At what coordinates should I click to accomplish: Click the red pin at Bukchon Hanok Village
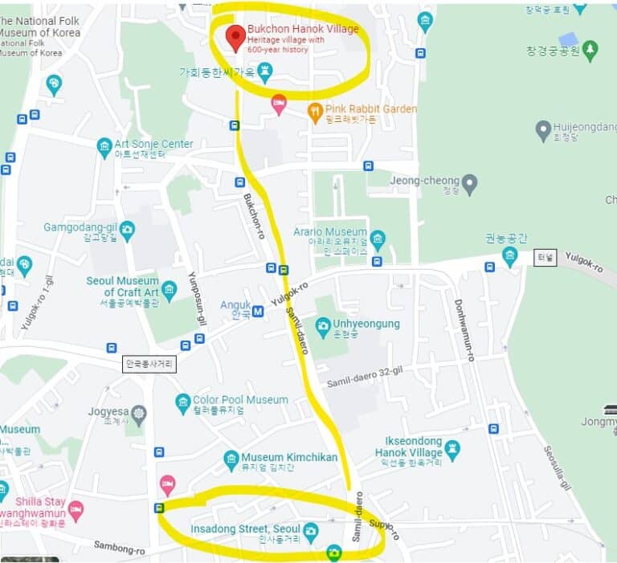(235, 35)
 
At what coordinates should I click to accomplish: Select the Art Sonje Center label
(153, 145)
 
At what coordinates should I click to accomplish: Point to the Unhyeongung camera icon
(323, 324)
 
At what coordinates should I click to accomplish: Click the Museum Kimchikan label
(289, 457)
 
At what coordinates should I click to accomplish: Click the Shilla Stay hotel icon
(76, 509)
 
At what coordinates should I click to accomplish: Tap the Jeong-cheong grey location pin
(470, 183)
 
